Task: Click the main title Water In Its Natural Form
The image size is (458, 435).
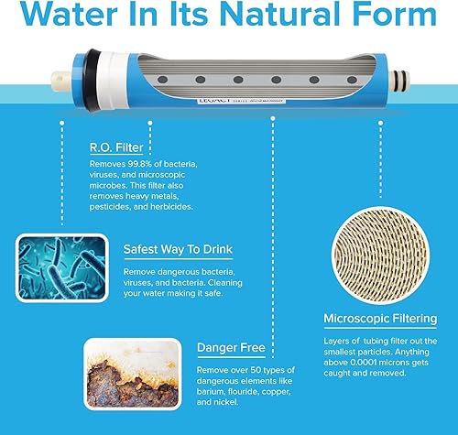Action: click(x=229, y=19)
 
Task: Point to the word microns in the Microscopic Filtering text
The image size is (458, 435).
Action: click(x=388, y=364)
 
